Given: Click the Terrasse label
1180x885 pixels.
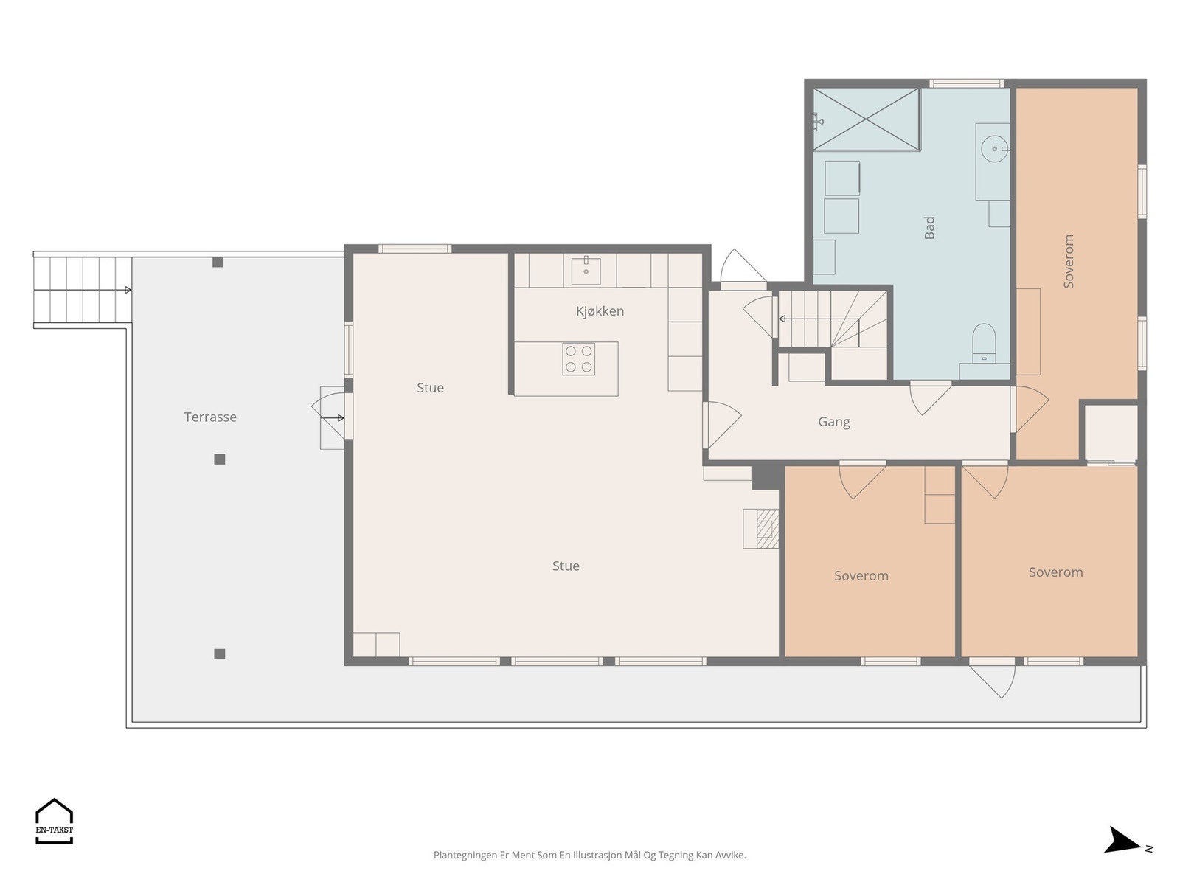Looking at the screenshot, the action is (x=210, y=417).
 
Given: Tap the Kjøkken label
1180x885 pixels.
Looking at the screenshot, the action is (x=600, y=311).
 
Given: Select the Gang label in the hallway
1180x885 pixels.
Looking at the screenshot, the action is (x=834, y=423).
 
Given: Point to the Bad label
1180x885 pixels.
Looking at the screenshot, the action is (x=929, y=227).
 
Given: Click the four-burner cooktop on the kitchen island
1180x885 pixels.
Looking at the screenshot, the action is (x=578, y=359).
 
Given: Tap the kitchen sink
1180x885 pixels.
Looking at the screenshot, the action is (x=586, y=270).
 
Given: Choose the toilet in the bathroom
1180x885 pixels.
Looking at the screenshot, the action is (x=984, y=344).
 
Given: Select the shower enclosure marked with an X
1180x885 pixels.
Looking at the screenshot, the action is (x=866, y=119).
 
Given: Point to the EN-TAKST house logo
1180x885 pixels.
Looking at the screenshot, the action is (x=55, y=821).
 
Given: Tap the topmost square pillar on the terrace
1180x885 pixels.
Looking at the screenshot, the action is (x=218, y=263).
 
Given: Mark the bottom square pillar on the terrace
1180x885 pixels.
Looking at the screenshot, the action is (x=219, y=654).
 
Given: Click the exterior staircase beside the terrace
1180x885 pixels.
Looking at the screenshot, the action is (x=83, y=290).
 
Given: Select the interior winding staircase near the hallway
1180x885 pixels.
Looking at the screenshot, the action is (x=832, y=319).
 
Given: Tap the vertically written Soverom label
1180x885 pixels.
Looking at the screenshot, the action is (x=1069, y=261).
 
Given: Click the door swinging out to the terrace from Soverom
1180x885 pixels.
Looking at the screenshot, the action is (x=993, y=679).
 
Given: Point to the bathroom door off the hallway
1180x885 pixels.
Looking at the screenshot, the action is (x=930, y=398).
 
